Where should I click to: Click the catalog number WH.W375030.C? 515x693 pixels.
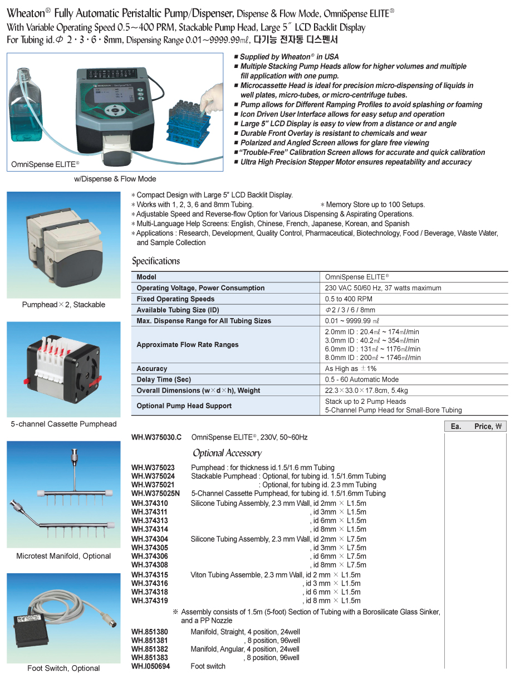pos(156,437)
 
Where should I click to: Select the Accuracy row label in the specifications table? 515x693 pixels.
pos(151,368)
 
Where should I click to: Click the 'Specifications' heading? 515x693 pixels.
pos(156,261)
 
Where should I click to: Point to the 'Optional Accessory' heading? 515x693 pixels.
pos(227,453)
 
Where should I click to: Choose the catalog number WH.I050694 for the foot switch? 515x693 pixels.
pos(151,666)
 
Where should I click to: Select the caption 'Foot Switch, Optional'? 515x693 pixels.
pos(63,668)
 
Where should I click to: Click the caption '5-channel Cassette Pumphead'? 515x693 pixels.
pos(63,424)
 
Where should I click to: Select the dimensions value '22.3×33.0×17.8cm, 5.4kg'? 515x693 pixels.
pos(366,391)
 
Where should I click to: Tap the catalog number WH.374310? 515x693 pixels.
pos(149,503)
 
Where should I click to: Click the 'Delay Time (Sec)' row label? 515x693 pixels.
pos(164,379)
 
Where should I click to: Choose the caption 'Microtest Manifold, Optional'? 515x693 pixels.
pos(63,556)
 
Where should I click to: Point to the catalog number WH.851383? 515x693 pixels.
pos(149,657)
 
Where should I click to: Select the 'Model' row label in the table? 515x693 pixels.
pos(146,277)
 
